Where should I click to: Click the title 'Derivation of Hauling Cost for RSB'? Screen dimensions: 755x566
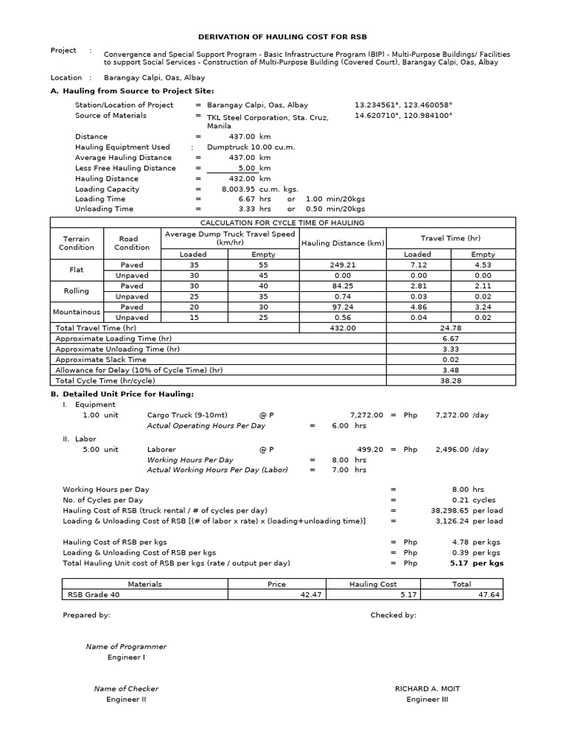point(282,36)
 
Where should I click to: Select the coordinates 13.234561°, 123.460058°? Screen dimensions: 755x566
point(403,105)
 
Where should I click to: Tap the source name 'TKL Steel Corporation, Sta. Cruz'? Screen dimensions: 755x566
point(268,117)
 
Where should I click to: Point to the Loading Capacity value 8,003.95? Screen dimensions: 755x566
point(237,189)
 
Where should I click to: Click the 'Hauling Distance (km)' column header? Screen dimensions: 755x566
point(343,243)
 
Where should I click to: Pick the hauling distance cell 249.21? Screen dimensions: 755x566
point(343,265)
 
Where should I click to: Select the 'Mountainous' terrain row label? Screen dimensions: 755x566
point(77,312)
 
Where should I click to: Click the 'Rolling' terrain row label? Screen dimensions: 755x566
point(77,290)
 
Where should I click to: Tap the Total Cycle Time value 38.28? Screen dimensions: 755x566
point(450,380)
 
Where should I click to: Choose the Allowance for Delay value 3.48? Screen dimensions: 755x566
point(450,370)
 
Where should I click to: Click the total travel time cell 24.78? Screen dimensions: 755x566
point(450,327)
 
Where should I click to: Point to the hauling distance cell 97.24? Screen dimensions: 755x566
point(343,307)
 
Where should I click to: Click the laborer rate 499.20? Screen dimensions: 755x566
point(369,449)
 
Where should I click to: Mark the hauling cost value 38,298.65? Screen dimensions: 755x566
point(455,510)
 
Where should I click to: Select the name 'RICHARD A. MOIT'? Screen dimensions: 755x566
point(427,689)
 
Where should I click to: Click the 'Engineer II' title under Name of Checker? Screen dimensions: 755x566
point(126,700)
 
